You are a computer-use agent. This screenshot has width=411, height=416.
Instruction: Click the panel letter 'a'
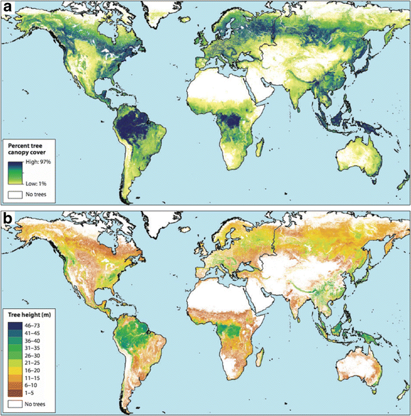[8, 8]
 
